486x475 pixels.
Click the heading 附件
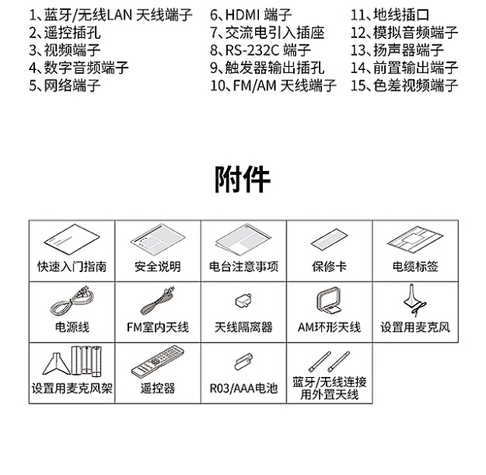point(243,180)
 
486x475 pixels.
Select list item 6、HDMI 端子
point(250,15)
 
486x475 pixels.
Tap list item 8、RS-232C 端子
point(260,51)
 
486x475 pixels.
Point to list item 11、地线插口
point(390,15)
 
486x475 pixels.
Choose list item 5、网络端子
point(65,86)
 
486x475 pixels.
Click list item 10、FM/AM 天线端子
point(273,86)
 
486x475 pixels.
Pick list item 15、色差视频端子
point(404,86)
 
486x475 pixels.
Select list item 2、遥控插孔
point(65,33)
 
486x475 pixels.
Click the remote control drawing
point(157,361)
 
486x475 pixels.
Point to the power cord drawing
point(72,301)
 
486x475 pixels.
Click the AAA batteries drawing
point(243,361)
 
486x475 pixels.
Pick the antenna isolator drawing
point(243,301)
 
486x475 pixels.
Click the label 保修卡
point(329,267)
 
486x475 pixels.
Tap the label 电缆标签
point(415,267)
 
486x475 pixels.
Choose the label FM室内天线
point(158,327)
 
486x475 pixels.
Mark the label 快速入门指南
point(72,267)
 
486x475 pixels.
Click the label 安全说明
point(158,267)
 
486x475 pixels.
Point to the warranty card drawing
point(329,239)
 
